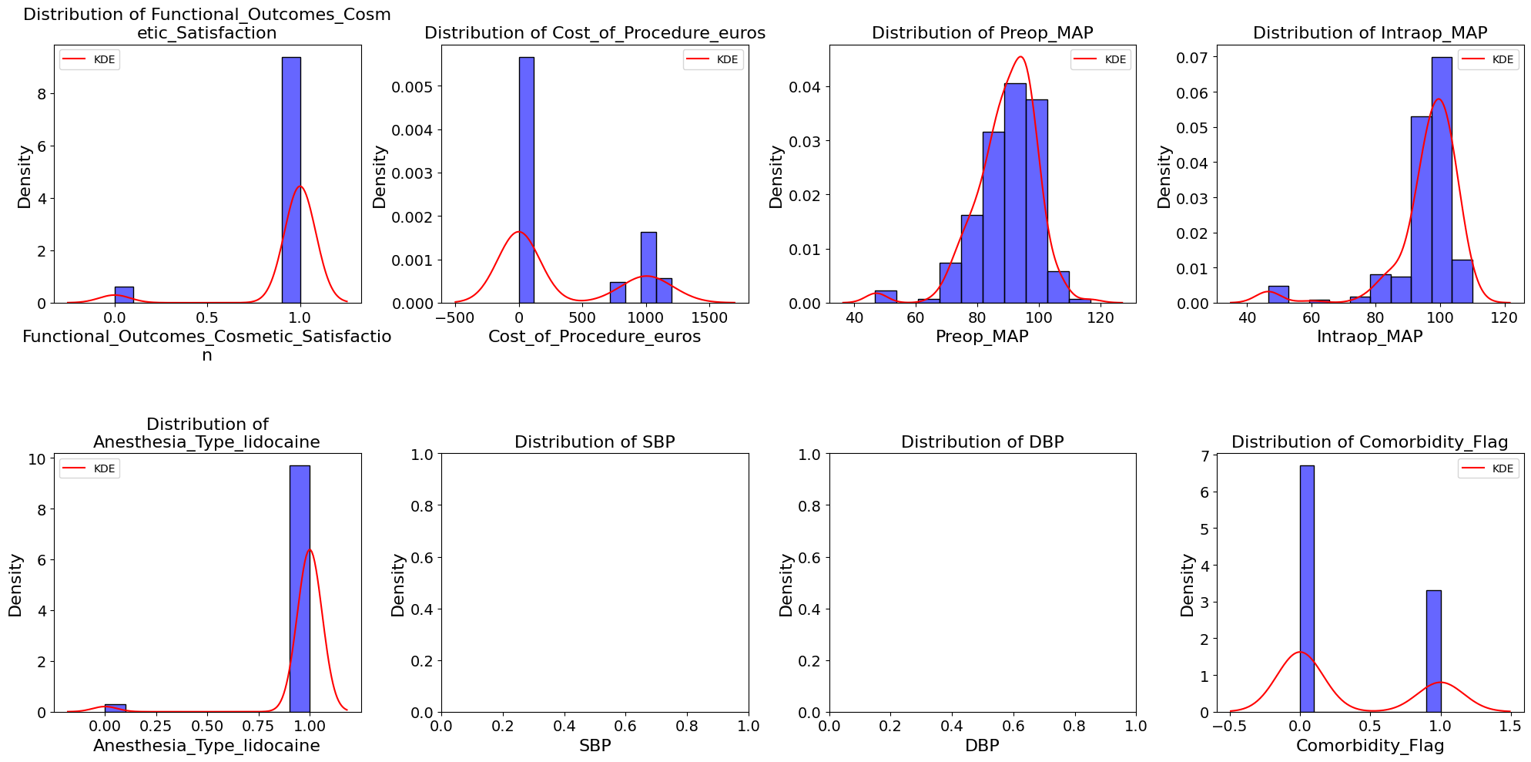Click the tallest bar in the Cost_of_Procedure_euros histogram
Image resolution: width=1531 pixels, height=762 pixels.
pos(526,180)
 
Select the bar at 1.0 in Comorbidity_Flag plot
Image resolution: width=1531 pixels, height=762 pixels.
pos(1433,651)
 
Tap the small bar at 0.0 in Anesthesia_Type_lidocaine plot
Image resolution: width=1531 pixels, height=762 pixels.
pos(115,708)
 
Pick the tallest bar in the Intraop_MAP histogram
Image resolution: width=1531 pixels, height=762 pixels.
pos(1442,180)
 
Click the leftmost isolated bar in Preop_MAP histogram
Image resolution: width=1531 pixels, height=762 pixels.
pos(886,297)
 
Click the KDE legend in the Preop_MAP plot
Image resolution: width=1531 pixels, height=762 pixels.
pos(1101,59)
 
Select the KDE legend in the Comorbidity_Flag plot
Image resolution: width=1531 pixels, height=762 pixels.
pos(1488,468)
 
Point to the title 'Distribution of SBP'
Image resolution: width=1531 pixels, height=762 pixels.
pos(595,442)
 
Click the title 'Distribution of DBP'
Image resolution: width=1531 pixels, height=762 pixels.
pos(982,442)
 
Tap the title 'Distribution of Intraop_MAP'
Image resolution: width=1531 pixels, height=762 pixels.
pos(1370,33)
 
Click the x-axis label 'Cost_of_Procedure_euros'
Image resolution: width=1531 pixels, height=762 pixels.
pos(595,337)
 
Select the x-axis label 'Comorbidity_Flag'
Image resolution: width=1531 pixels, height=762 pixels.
pos(1370,746)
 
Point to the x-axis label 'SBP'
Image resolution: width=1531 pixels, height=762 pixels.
pos(595,746)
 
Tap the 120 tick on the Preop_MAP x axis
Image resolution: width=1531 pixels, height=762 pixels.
pos(1101,317)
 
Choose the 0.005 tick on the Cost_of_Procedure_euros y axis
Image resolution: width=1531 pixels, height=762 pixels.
pos(409,86)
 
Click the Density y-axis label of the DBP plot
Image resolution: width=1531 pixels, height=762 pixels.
pos(786,585)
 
